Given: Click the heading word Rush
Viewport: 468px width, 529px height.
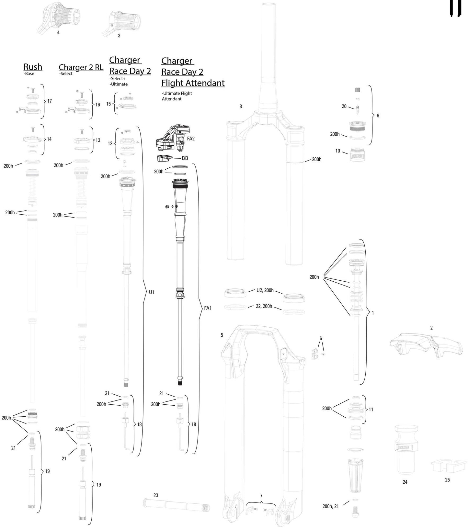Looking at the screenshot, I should click(33, 67).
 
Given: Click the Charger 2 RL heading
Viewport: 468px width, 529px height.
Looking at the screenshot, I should click(81, 67).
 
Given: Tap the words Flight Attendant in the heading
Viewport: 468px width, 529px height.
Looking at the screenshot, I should click(193, 83).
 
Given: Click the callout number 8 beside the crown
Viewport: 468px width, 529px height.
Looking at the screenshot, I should click(241, 106).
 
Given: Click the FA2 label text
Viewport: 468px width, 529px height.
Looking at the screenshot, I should click(191, 139).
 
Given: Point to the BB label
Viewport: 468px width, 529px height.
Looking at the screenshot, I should click(185, 158).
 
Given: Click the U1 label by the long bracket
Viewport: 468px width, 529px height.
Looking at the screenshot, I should click(152, 292).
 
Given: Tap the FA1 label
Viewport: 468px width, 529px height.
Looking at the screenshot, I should click(208, 308).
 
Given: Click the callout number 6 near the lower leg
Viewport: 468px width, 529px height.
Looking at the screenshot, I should click(321, 338).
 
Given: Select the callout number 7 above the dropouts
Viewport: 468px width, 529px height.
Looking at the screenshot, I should click(261, 495).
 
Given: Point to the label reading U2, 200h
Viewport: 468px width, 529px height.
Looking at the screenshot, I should click(265, 290).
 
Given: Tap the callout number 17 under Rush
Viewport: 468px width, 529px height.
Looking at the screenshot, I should click(50, 101).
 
